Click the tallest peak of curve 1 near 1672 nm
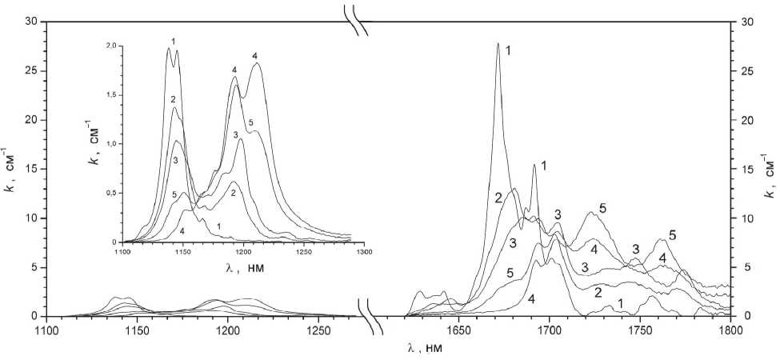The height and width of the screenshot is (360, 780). point(498,44)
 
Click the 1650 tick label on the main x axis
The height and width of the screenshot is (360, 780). point(458,330)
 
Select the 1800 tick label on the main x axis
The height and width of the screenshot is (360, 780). point(730,330)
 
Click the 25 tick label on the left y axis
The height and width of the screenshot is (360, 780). point(33,71)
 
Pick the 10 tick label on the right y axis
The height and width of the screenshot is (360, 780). point(748,218)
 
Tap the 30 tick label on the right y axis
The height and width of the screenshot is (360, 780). point(748,22)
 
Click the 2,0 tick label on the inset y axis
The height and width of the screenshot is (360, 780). point(110,46)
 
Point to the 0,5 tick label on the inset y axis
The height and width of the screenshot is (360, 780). point(110,193)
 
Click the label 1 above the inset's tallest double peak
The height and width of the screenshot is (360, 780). point(173,40)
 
